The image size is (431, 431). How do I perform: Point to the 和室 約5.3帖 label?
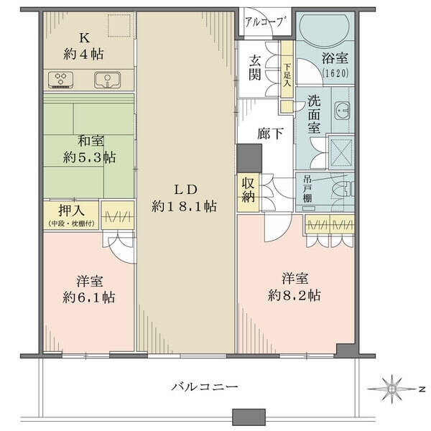coord(90,149)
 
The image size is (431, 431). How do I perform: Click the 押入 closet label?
coord(70,213)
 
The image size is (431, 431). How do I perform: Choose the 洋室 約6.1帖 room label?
coord(89,287)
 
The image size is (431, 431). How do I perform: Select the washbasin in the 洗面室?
coord(341,112)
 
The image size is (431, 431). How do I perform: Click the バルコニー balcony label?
coord(203,387)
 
